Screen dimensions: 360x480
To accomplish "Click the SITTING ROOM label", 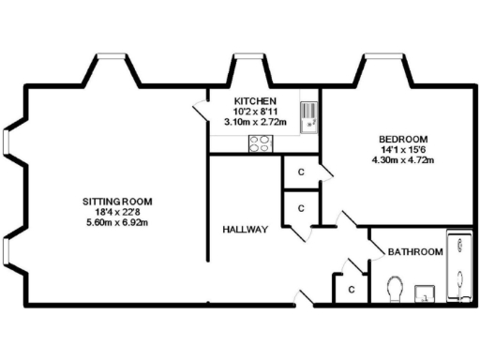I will [x=117, y=202].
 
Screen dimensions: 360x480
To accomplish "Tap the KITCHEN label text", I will [x=254, y=100].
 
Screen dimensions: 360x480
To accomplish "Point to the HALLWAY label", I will [x=246, y=230].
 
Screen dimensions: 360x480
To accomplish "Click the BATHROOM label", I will [x=416, y=252].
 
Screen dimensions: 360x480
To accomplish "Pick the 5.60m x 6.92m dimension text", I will [x=117, y=224].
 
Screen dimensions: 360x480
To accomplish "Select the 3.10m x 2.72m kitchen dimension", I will [x=254, y=122].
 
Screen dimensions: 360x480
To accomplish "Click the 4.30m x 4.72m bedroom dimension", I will [x=406, y=158].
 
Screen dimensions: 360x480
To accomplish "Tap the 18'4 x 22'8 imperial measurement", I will [x=117, y=213].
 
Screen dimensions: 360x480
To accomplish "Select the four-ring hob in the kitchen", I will [x=260, y=143].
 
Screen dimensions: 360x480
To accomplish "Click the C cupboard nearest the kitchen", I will [x=300, y=172].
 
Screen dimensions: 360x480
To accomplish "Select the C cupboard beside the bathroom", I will [x=350, y=290].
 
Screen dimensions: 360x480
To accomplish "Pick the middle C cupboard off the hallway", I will [x=300, y=208].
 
